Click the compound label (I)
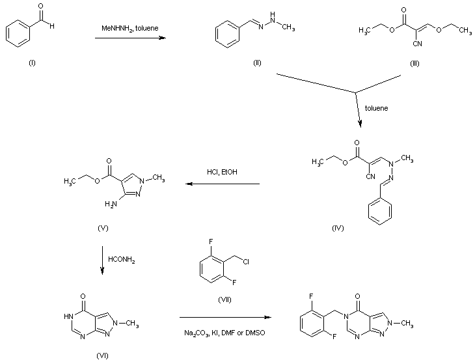(32, 63)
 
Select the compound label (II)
(257, 63)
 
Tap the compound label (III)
(414, 64)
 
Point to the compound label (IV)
(338, 228)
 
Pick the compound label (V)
(103, 228)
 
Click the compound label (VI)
(102, 355)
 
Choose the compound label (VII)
(224, 300)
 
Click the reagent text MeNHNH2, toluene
(130, 29)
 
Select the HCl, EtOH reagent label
(222, 172)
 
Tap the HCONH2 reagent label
(122, 260)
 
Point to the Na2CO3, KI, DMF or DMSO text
(224, 333)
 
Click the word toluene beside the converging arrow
(376, 108)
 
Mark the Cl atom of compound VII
(246, 262)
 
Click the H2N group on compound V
(111, 204)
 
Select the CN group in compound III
(417, 44)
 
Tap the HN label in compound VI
(68, 316)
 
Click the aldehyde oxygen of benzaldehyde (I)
(40, 7)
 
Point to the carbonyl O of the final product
(357, 296)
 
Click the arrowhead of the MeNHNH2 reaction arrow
(163, 38)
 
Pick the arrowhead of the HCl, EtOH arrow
(189, 184)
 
